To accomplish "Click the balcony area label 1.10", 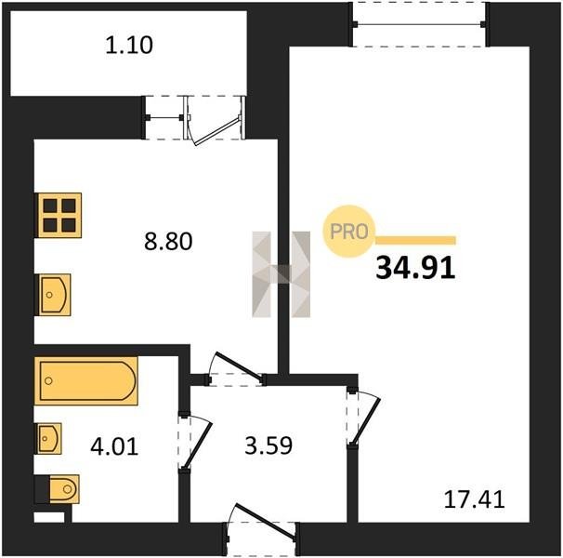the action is click(129, 46).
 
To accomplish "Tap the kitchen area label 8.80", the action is click(168, 241).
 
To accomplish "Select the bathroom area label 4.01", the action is click(114, 447).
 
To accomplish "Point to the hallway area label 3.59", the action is click(268, 445).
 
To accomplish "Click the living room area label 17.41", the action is click(475, 499).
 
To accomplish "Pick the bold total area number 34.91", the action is click(415, 268).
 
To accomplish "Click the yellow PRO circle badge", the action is click(348, 232).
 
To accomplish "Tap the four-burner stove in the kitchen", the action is click(59, 216).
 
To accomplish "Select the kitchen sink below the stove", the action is click(54, 295).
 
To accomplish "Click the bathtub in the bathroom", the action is click(86, 380).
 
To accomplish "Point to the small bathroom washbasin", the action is click(49, 438).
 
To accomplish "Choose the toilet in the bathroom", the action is click(60, 489).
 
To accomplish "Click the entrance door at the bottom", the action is click(262, 528).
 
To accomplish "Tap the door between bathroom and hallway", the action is click(194, 443).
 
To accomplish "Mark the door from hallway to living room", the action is click(362, 418).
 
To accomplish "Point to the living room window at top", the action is click(419, 24).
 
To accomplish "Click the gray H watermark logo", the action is click(281, 274).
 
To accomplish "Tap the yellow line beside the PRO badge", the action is click(415, 240).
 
